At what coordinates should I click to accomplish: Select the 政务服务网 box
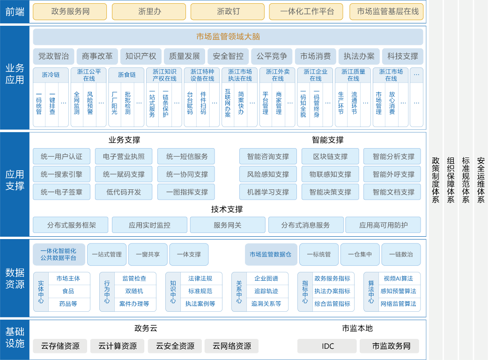point(70,12)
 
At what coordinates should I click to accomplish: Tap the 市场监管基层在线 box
point(387,12)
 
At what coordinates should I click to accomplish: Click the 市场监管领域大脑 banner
point(228,37)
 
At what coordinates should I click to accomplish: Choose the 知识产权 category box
point(141,56)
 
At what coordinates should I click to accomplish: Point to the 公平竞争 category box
point(272,56)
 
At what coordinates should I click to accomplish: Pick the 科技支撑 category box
point(402,56)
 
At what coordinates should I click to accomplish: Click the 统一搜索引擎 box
point(61,174)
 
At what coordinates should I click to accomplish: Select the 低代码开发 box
point(124,192)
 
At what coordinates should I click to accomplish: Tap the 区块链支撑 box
point(330,157)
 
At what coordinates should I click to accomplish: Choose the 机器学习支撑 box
point(268,192)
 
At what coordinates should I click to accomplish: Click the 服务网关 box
point(228,225)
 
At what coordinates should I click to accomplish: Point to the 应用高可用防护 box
point(383,225)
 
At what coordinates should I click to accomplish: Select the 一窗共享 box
point(148,254)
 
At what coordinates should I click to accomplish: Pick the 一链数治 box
point(401,254)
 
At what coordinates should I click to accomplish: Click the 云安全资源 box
point(175,346)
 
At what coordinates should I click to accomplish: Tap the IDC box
point(328,346)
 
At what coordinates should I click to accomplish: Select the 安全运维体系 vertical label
point(481,180)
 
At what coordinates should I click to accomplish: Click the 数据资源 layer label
point(15,278)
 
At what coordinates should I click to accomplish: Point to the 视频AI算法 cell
point(399,278)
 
